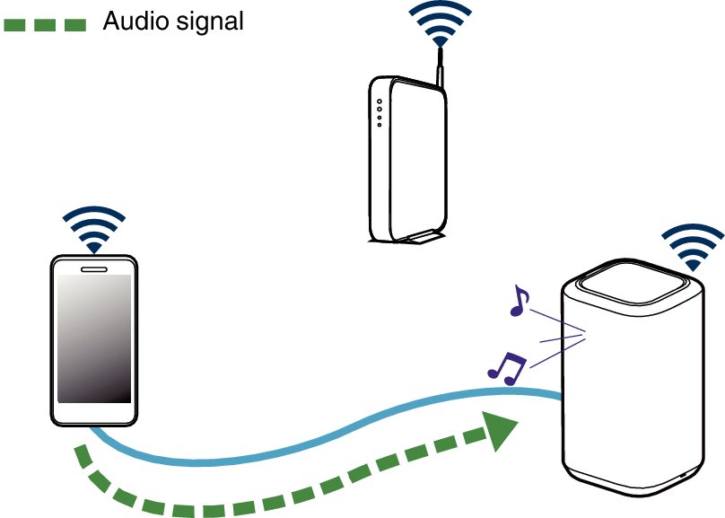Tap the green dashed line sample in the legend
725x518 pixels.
coord(45,25)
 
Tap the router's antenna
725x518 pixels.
coord(441,70)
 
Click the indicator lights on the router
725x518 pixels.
coord(380,113)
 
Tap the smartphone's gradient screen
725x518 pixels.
coord(94,338)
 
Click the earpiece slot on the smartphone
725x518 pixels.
coord(93,268)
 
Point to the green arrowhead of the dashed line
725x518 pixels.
coord(501,430)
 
